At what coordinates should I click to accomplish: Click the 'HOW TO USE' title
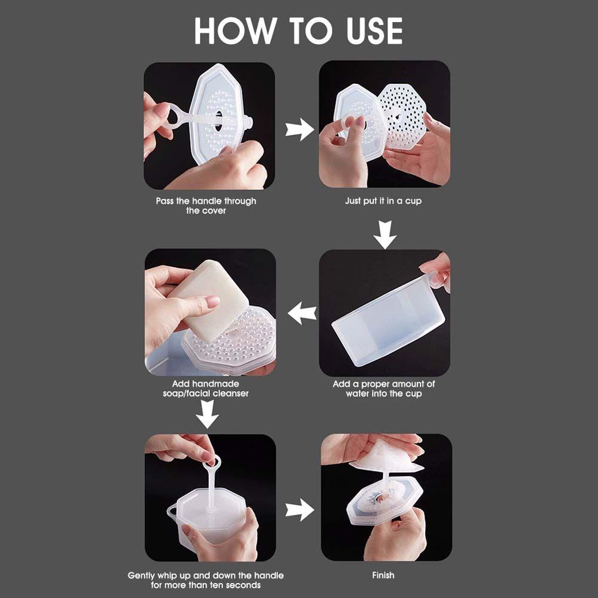click(x=298, y=31)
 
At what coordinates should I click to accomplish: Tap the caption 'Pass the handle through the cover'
click(x=206, y=206)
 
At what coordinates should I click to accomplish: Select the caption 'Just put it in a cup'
click(x=383, y=201)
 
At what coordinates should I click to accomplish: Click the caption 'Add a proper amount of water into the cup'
click(x=384, y=389)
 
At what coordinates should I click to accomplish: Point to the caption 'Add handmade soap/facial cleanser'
click(x=206, y=389)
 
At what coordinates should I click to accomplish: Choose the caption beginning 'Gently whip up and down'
click(x=206, y=580)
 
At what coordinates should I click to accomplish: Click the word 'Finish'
click(x=383, y=575)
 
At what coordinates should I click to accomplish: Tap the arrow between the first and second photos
click(x=300, y=129)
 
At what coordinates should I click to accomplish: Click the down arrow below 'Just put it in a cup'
click(x=385, y=234)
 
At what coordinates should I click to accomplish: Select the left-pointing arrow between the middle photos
click(x=302, y=313)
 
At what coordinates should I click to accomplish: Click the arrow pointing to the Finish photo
click(x=300, y=509)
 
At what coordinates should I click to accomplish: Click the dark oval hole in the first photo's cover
click(x=218, y=121)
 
